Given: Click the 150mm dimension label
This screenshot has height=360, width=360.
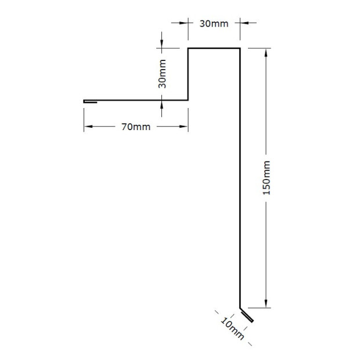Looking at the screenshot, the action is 267,178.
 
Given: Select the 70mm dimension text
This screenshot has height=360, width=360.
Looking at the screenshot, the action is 136,127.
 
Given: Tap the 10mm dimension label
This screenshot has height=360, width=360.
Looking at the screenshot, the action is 232,329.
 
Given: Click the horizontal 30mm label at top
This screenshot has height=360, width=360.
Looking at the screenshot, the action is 214,24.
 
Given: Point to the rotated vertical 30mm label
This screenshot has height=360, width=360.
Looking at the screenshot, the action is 162,74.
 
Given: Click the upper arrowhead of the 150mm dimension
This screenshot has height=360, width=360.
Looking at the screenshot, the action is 266,53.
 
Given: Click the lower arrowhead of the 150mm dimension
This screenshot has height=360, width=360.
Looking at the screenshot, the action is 266,304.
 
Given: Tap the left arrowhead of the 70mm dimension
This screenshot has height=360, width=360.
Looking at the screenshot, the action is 88,127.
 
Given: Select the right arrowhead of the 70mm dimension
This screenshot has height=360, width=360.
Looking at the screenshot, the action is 183,127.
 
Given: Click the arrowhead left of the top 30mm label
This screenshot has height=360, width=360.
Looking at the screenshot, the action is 183,23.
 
